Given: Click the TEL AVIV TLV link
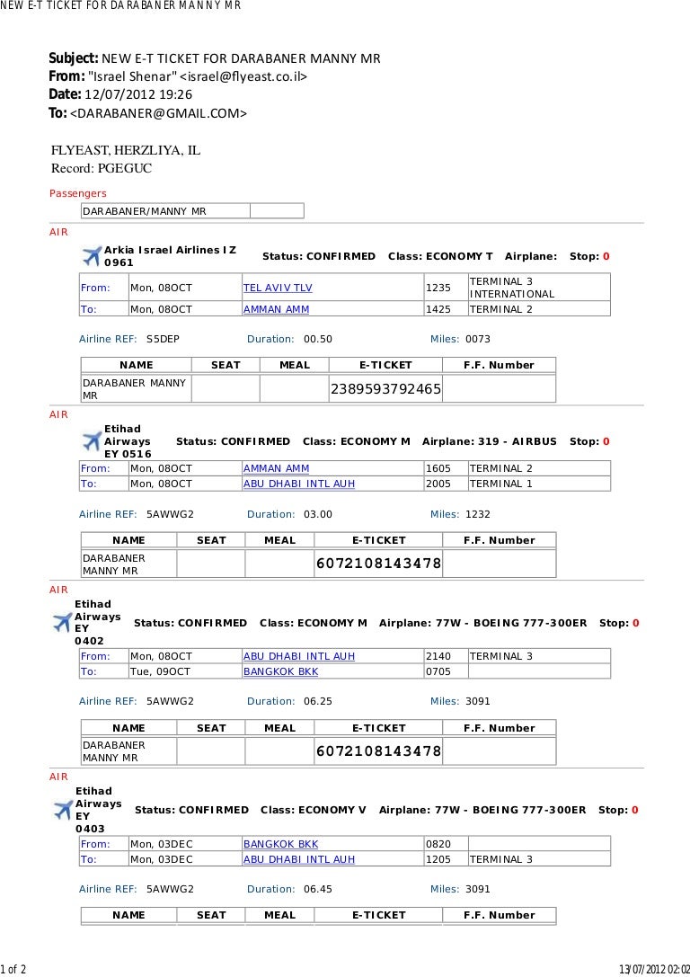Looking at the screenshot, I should point(278,288).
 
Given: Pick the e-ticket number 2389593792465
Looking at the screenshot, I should point(386,389).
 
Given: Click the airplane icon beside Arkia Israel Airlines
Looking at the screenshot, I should point(91,256).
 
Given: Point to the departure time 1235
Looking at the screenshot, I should point(438,288).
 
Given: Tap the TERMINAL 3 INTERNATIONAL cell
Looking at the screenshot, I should point(512,288).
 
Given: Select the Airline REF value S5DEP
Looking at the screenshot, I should point(163,339).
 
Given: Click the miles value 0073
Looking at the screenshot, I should point(478,339).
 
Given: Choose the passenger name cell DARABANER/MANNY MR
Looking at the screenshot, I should point(145,211).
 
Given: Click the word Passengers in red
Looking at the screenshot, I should point(77,193).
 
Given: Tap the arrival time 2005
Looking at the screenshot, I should point(438,484).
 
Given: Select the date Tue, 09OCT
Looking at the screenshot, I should point(161,671).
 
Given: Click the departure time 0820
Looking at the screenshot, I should point(438,844).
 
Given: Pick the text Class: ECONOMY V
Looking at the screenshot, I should point(314,810).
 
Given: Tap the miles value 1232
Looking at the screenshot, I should point(478,514).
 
